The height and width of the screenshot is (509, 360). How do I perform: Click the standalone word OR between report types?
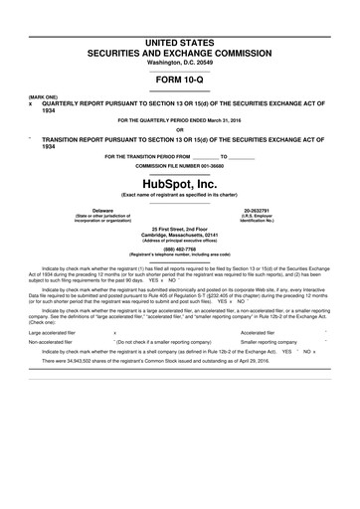(179, 128)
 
